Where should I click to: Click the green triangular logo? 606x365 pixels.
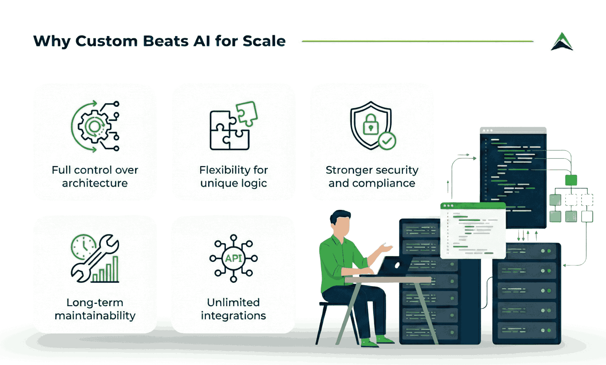point(562,42)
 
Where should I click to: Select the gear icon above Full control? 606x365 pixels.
point(94,126)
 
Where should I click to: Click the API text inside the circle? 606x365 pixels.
point(233,258)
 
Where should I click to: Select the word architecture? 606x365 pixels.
point(95,183)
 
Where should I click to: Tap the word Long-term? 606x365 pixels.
point(95,302)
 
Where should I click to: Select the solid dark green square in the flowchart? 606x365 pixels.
point(571,180)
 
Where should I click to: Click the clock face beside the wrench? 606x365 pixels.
point(82,247)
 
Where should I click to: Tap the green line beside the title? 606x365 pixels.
point(418,42)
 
